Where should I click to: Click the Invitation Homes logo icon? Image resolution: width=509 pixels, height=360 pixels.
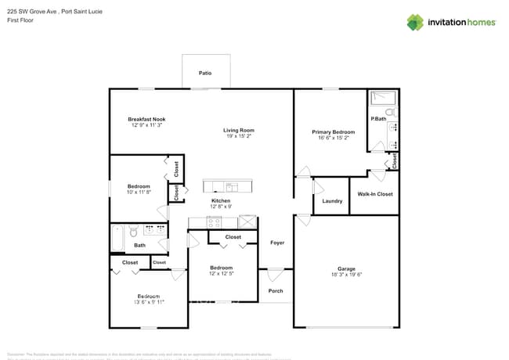(x=415, y=22)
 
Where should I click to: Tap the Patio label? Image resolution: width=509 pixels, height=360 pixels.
(x=205, y=73)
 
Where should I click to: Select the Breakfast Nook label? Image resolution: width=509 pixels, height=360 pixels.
(x=147, y=119)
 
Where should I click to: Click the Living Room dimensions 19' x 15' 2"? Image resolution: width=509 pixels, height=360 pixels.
(x=239, y=136)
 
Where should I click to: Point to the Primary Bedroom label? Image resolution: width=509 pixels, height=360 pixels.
(x=333, y=132)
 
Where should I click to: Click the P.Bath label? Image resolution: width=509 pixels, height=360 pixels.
(x=378, y=118)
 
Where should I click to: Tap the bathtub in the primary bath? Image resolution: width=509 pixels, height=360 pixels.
(x=383, y=98)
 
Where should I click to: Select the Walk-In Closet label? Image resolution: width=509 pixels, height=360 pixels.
(x=374, y=193)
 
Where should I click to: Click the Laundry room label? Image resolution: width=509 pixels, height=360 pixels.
(x=332, y=201)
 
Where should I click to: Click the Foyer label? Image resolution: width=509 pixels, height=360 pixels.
(x=277, y=243)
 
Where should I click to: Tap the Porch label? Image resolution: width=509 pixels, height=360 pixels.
(x=276, y=291)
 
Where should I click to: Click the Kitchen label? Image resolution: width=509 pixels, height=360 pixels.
(x=221, y=200)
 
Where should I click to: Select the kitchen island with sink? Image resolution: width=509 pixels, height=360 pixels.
(x=229, y=185)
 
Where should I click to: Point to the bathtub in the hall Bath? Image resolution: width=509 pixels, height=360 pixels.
(x=117, y=238)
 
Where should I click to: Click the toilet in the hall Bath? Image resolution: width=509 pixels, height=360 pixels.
(x=134, y=232)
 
